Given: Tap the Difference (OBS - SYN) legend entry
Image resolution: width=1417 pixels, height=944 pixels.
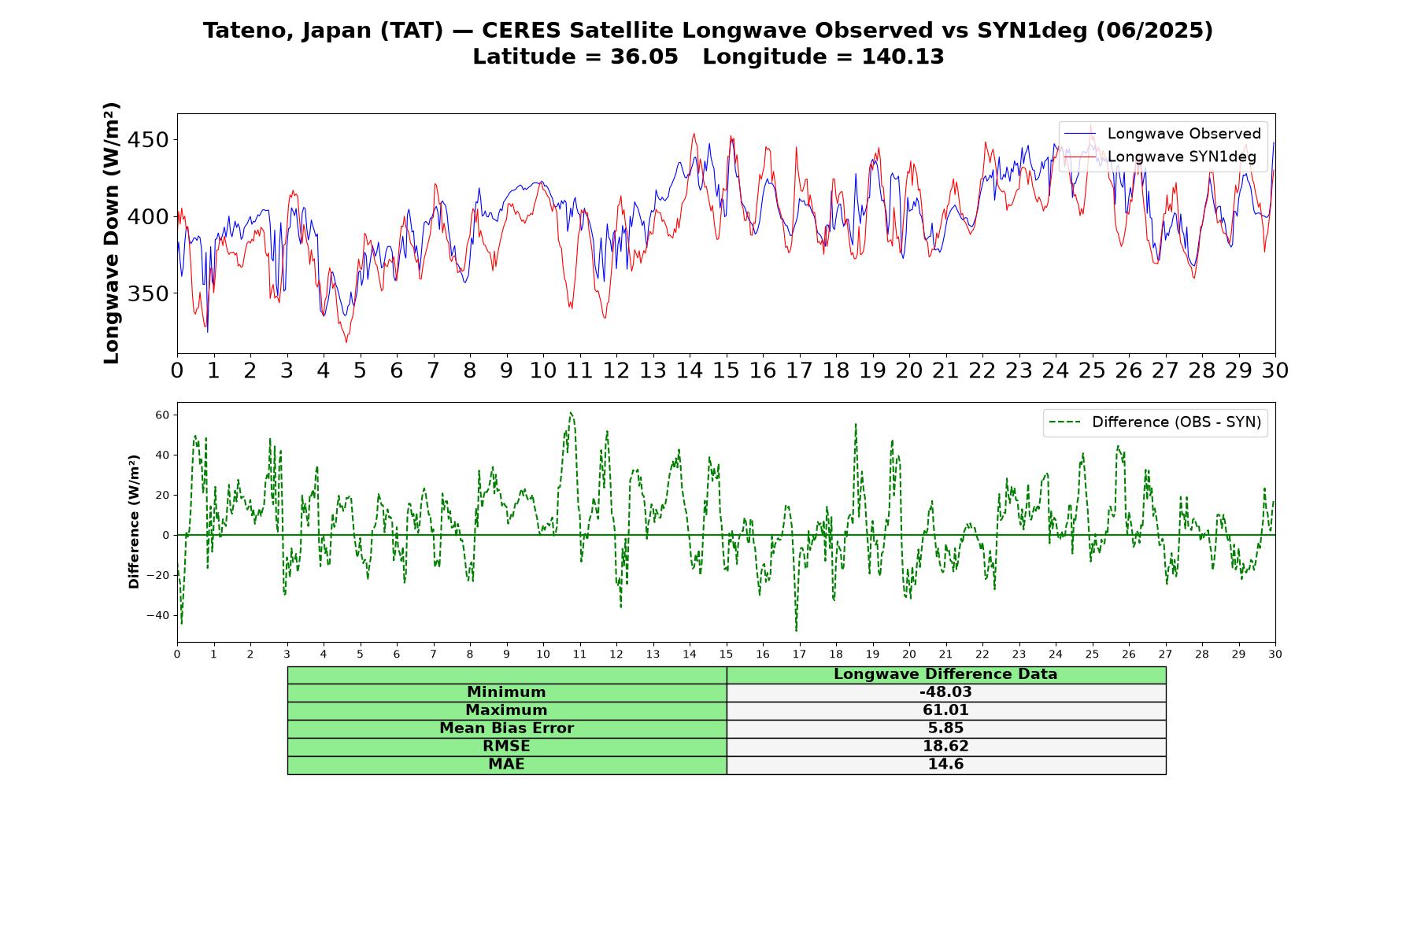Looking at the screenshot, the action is [1156, 422].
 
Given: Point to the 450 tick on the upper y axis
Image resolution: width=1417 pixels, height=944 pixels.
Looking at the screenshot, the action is [148, 140].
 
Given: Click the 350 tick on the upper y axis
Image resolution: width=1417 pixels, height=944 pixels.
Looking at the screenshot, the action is [148, 293].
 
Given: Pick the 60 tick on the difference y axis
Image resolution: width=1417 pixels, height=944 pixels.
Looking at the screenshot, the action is [161, 415].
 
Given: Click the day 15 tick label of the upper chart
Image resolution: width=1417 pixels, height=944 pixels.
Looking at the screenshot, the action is [726, 370].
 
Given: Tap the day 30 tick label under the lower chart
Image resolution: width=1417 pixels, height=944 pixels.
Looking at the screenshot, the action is [1275, 654].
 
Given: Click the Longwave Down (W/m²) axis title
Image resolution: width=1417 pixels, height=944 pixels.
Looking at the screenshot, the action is [111, 233].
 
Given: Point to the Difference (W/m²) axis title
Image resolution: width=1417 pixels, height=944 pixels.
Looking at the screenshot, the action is [134, 522].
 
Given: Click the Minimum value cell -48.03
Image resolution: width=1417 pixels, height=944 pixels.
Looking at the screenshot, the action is [945, 692].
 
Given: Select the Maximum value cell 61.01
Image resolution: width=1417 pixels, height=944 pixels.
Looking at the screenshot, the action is [945, 710].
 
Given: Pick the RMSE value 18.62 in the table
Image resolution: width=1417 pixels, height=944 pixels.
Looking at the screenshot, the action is [945, 747].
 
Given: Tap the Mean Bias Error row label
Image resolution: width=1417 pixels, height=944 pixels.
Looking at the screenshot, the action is [506, 728].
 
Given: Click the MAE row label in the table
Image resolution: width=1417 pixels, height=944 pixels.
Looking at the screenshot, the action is [506, 765].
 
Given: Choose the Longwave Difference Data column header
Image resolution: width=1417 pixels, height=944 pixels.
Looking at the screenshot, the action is [945, 674].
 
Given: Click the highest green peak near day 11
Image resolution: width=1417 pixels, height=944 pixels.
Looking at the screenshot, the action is [571, 412].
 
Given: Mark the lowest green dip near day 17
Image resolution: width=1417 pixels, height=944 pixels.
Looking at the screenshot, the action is [796, 630].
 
